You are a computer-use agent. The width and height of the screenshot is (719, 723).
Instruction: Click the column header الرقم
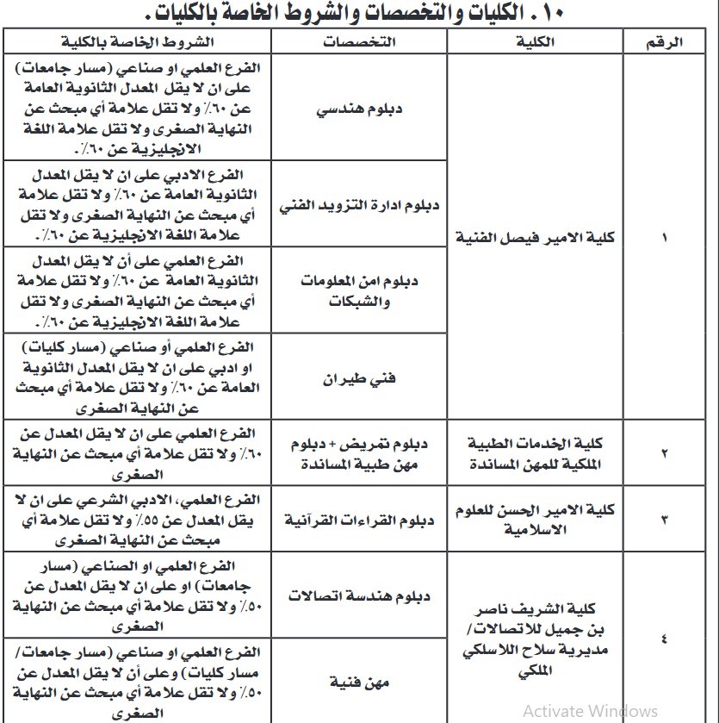tap(663, 42)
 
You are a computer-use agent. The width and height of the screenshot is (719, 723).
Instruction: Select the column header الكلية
tap(538, 42)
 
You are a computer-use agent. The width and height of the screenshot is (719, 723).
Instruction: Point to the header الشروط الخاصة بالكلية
tap(138, 42)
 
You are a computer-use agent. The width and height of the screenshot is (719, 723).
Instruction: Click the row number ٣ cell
tap(663, 520)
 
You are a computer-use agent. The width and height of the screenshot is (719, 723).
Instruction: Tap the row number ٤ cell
tap(663, 639)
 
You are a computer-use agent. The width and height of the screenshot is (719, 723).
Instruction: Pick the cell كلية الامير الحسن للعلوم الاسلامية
tap(538, 520)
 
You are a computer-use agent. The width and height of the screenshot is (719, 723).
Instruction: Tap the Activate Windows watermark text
tap(590, 710)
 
